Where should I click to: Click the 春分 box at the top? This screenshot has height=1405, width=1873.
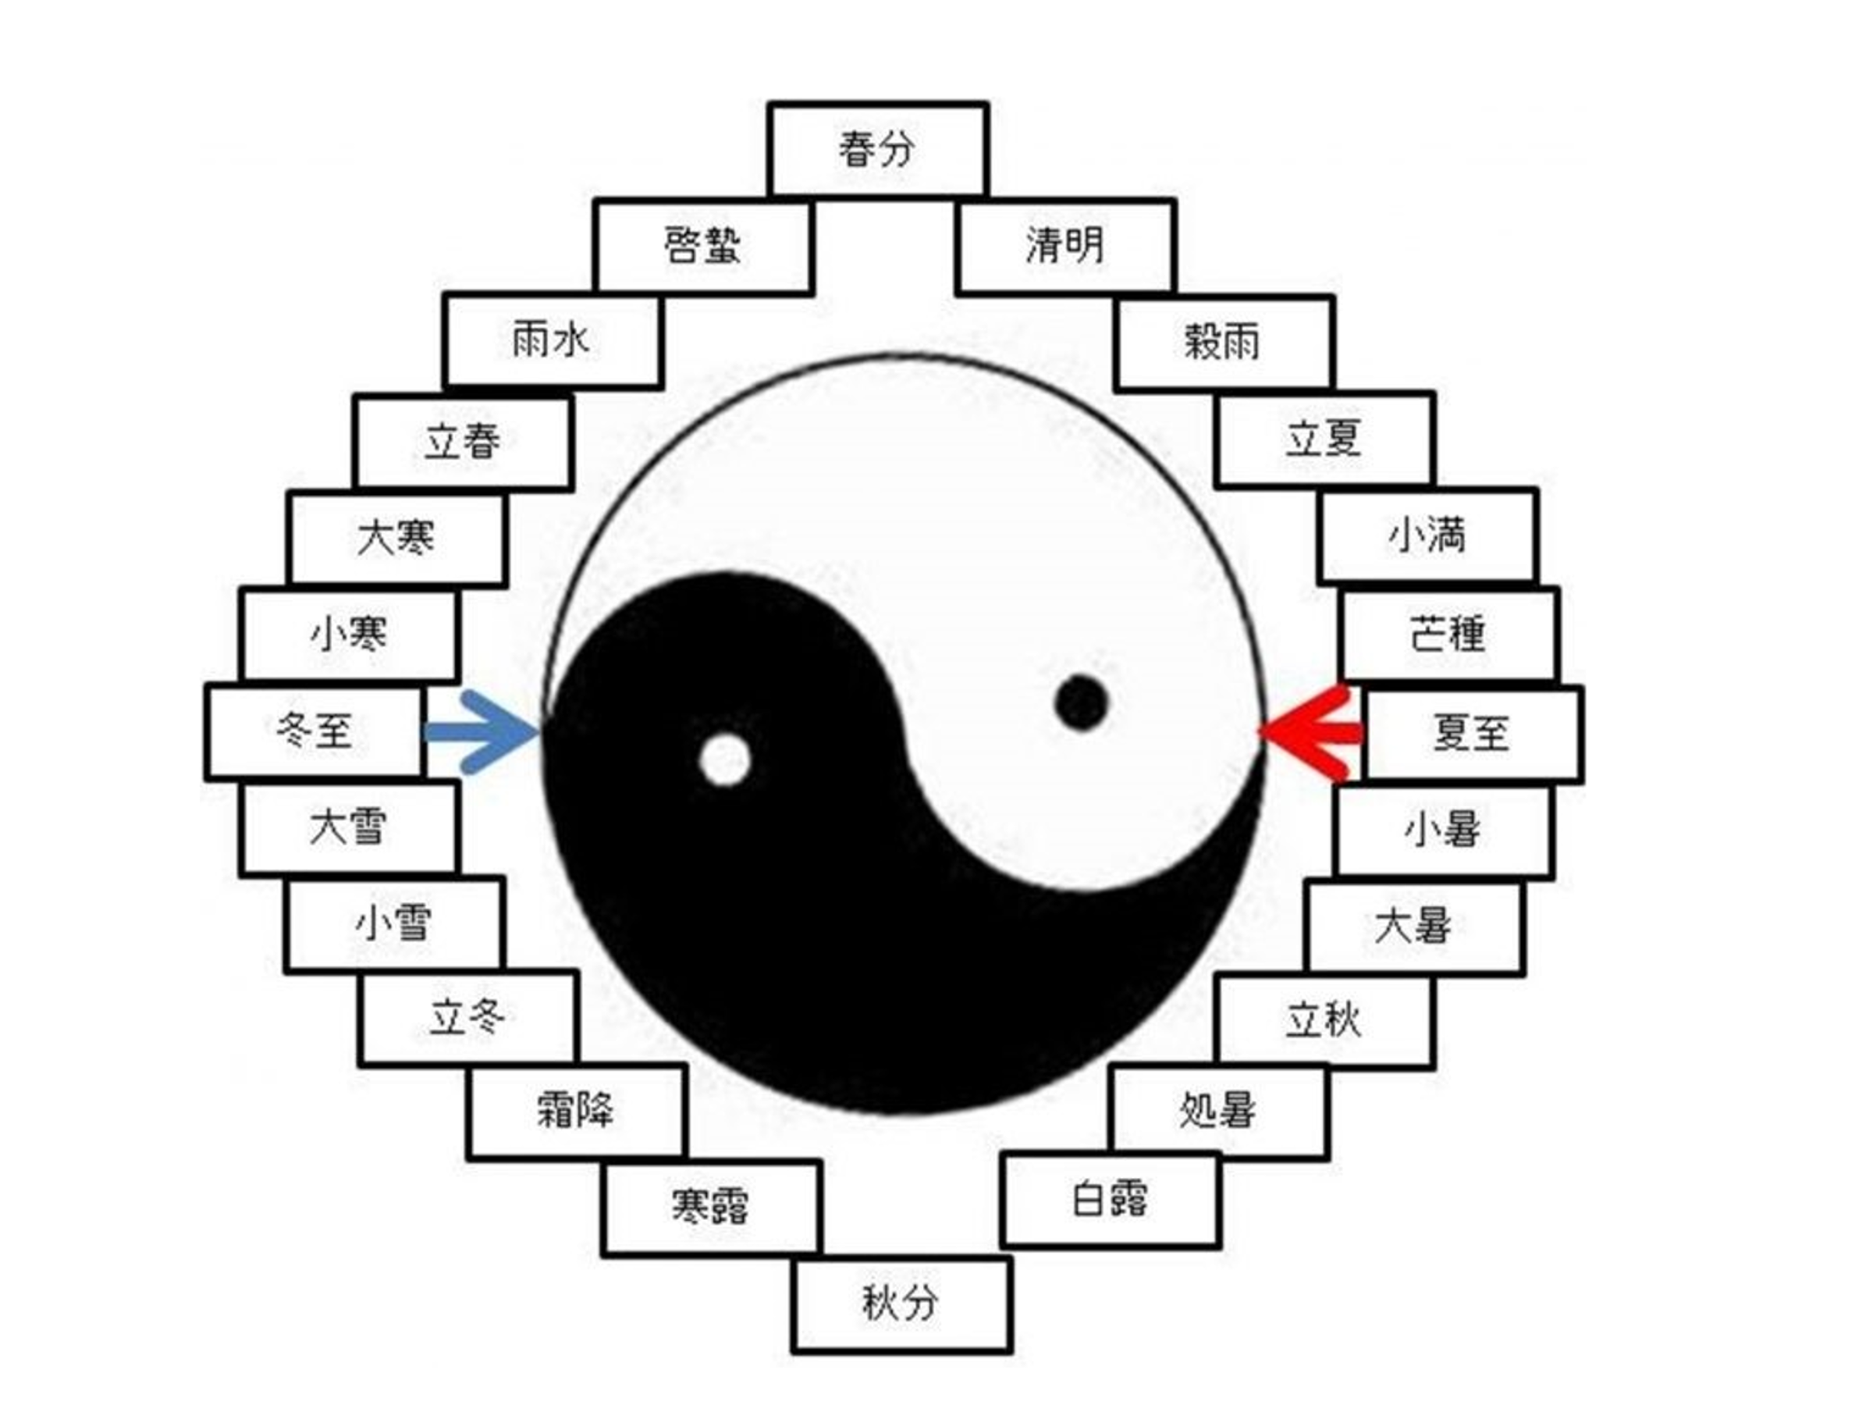pos(878,150)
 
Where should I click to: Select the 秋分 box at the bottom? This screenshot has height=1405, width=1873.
pos(902,1304)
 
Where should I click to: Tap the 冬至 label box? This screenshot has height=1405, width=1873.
pos(315,731)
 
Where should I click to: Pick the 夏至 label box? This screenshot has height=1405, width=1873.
pos(1473,734)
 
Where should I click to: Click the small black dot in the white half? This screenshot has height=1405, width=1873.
pos(1082,702)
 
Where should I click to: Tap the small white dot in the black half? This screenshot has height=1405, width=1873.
pos(725,759)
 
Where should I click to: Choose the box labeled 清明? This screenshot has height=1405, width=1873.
pos(1066,247)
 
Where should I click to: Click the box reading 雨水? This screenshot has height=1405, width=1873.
pos(552,341)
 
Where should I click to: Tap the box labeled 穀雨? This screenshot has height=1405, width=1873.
pos(1224,343)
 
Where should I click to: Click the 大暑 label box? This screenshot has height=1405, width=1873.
pos(1415,927)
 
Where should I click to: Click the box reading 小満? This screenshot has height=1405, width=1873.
pos(1428,537)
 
